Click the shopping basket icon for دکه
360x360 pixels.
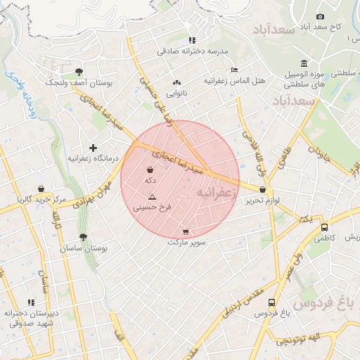150,169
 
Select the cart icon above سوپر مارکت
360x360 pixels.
186,232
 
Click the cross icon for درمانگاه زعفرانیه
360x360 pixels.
92,148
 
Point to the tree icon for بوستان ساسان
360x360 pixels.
83,238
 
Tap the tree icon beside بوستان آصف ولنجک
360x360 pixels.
79,72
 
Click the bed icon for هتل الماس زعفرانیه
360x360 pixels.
235,70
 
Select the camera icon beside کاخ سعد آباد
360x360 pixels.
321,16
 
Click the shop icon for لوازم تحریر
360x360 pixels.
263,189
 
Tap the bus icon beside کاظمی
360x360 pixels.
324,228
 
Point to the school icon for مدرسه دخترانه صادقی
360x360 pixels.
193,40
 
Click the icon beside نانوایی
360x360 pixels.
176,82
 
